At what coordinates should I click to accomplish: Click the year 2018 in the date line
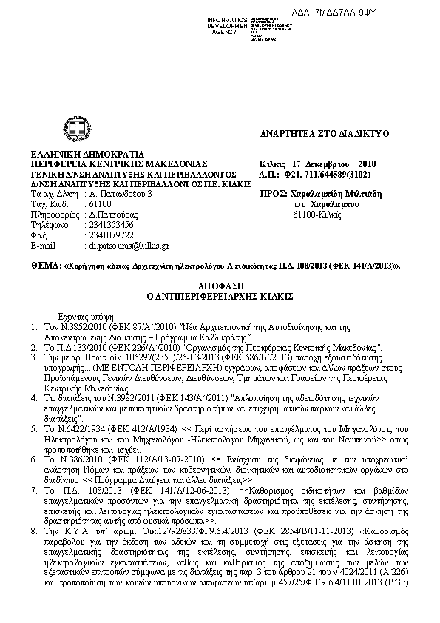point(367,163)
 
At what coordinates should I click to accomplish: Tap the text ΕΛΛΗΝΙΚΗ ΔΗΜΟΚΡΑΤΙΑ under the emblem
point(77,153)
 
